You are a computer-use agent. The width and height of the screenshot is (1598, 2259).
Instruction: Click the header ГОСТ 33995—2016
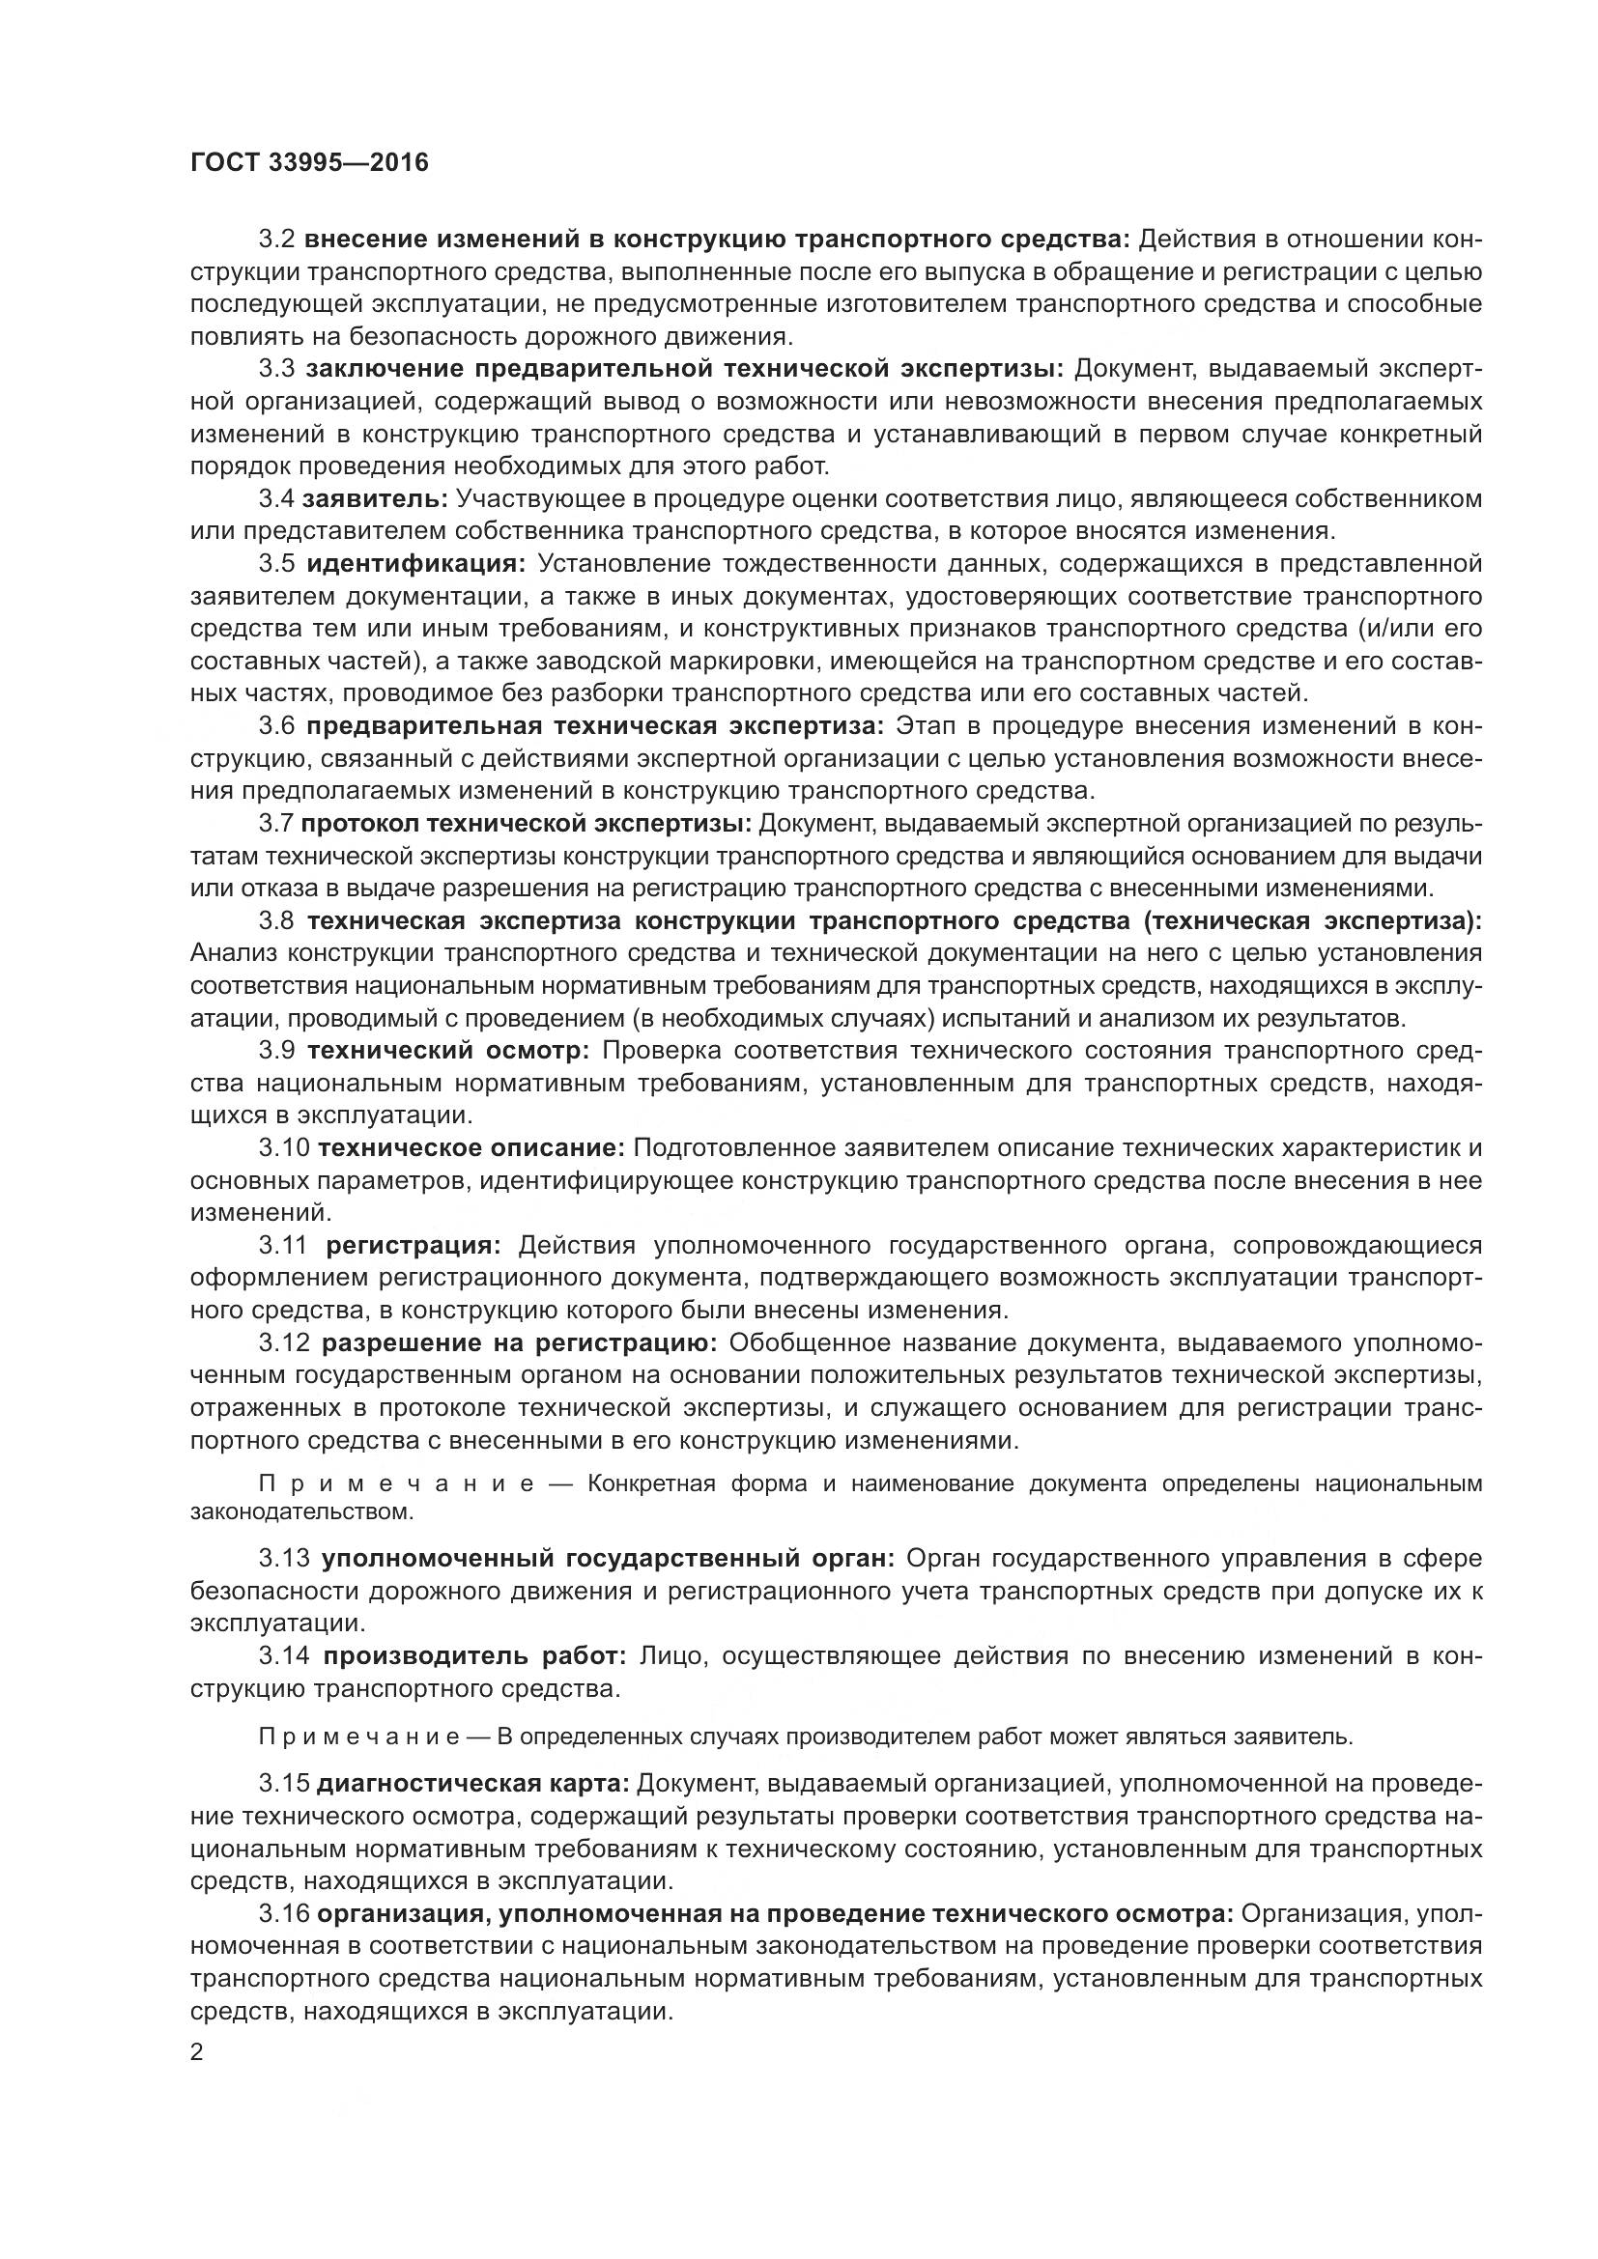(x=309, y=163)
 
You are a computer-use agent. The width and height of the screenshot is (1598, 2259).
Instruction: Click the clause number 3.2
(x=276, y=240)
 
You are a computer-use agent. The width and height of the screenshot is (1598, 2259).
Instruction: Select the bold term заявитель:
(x=375, y=498)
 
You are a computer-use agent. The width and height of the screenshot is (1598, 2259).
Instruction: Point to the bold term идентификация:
(x=416, y=564)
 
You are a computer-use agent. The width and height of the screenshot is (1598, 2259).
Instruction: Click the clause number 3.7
(x=276, y=824)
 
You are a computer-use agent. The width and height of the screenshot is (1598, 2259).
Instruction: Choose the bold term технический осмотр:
(x=447, y=1051)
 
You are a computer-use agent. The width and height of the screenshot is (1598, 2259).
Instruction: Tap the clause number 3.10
(x=284, y=1148)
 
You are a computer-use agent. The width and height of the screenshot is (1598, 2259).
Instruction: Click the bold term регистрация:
(x=414, y=1246)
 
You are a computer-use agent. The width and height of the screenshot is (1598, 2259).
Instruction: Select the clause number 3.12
(x=284, y=1343)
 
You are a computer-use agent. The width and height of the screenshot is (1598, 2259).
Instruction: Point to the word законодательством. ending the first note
(x=302, y=1511)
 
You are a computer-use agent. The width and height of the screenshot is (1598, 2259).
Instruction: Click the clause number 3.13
(x=284, y=1559)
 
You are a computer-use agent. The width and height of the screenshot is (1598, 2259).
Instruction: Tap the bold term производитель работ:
(x=474, y=1656)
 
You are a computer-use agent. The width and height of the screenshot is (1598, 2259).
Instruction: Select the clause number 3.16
(x=284, y=1913)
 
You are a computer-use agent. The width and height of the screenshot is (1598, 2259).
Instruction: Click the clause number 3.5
(x=276, y=564)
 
